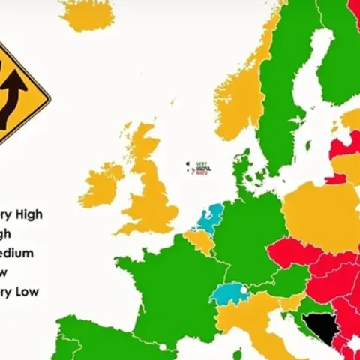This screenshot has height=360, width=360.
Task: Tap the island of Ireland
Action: tap(101, 185)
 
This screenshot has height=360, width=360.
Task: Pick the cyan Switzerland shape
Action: tap(229, 292)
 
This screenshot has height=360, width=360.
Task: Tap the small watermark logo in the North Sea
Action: tap(199, 169)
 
